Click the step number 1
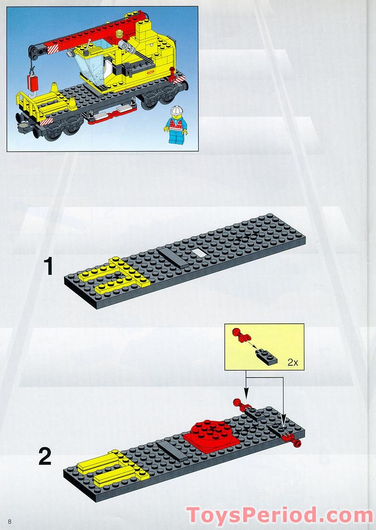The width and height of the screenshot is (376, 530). (x=48, y=267)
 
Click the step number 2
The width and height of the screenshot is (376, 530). (x=45, y=456)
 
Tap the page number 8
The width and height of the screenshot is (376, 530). (x=9, y=521)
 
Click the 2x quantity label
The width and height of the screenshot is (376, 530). (x=292, y=362)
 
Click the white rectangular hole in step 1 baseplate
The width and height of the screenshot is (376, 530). (x=199, y=253)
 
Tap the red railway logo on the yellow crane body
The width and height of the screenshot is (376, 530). (x=151, y=72)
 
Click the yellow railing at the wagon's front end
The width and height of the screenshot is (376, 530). (x=28, y=104)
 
